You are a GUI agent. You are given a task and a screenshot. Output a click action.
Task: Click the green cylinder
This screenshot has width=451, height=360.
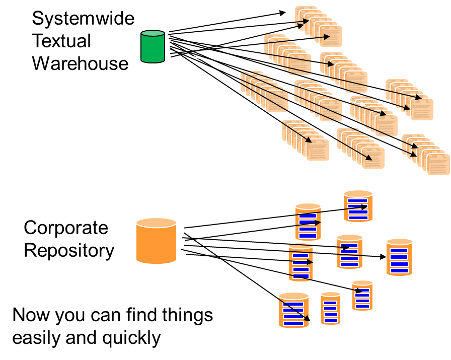(x=153, y=48)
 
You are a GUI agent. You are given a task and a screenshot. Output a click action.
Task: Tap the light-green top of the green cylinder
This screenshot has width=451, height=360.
(x=153, y=34)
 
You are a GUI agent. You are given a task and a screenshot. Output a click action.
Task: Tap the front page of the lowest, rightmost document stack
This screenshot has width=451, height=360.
(x=438, y=165)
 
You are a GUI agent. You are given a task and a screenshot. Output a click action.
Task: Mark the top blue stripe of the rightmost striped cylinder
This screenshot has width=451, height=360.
(x=399, y=251)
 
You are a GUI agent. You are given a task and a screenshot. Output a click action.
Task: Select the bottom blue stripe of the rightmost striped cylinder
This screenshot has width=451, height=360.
(x=399, y=270)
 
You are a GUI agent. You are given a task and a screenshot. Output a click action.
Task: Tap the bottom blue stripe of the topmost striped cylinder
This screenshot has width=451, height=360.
(x=358, y=218)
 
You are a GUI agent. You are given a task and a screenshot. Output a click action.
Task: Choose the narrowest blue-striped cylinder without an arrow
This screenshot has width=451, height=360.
(x=331, y=309)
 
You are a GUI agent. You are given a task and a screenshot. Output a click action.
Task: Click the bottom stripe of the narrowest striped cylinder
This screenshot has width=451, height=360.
(x=331, y=320)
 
